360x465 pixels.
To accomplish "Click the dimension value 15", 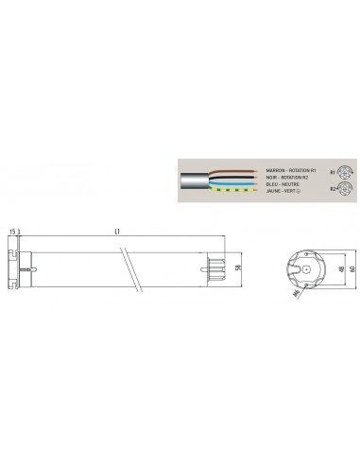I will [x=10, y=230].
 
